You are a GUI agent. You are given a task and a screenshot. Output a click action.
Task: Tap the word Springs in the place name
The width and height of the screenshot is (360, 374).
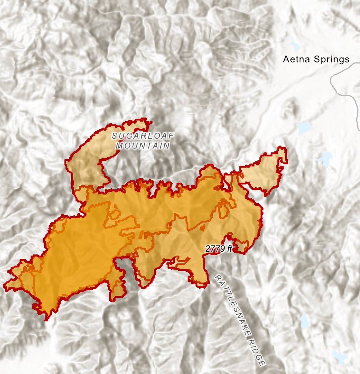tap(331, 60)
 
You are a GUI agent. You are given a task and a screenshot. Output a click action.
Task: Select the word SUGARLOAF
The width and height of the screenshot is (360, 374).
tap(143, 136)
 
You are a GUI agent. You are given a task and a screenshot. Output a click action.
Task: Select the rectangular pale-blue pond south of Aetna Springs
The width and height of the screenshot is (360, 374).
tap(304, 127)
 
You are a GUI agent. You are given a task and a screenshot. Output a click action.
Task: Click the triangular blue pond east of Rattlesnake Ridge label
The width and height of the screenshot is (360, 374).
tap(304, 320)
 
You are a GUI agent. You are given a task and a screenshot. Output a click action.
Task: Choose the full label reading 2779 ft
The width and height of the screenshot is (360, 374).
tap(219, 249)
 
